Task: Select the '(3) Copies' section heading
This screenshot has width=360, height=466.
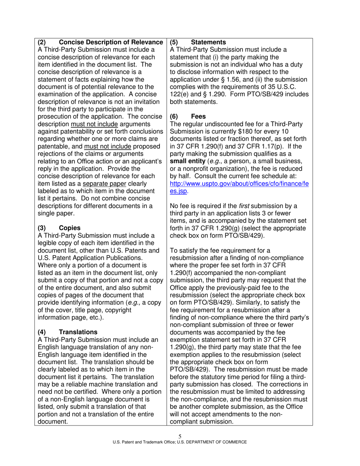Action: (59, 228)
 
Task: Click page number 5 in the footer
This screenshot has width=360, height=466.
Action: (180, 436)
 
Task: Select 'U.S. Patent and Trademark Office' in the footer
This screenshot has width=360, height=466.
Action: (143, 442)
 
